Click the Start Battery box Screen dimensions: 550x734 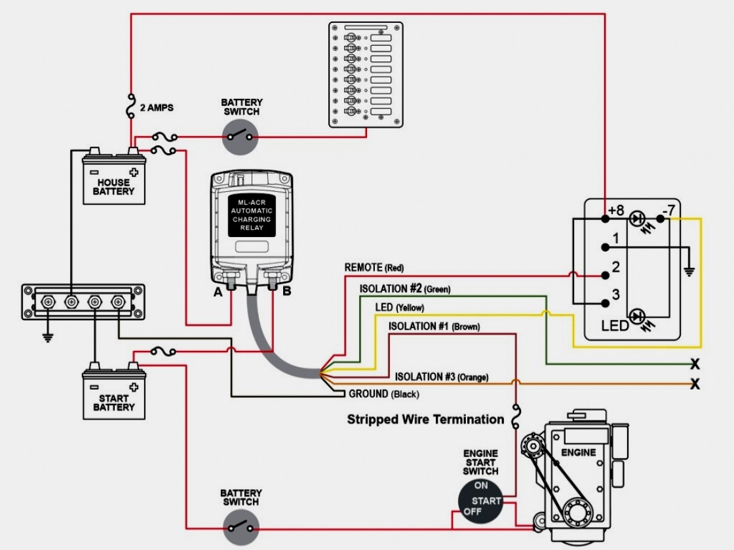point(113,395)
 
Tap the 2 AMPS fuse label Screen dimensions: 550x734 point(157,107)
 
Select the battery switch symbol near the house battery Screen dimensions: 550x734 point(240,137)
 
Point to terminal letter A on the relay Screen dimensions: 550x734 point(218,292)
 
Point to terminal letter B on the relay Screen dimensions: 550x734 point(286,292)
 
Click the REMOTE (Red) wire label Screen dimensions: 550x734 point(374,268)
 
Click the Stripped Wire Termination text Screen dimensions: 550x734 point(425,419)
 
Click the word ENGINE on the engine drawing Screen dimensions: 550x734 point(579,452)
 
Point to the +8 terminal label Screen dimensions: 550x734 point(616,210)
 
